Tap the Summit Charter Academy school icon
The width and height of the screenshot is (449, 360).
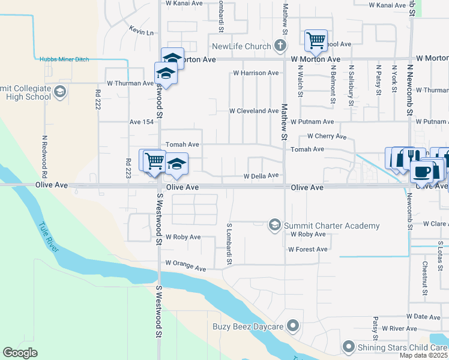pos(275,226)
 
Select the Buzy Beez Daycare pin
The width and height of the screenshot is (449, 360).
pos(293,326)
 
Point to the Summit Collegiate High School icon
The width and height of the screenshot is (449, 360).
pos(59,92)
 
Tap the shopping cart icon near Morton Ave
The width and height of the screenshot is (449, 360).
pos(316,40)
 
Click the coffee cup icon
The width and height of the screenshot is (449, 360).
pos(421,172)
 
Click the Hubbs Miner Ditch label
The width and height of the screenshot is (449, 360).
pos(64,59)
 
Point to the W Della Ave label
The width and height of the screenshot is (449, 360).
pos(261,176)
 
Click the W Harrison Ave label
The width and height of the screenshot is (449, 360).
pos(256,73)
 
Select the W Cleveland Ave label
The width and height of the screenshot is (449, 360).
pos(254,111)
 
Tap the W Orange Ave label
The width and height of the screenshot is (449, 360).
pos(185,263)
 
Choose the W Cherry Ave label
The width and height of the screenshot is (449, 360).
pos(327,136)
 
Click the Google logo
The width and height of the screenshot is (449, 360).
pos(20,353)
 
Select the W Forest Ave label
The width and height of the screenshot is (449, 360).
pos(309,249)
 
